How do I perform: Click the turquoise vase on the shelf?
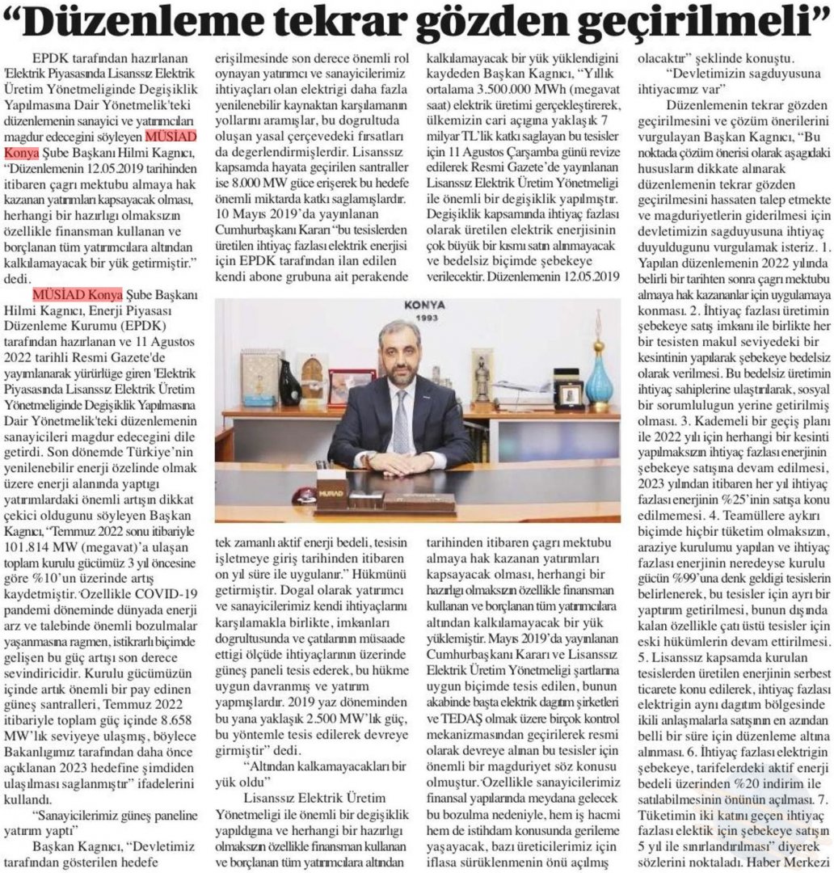pyautogui.click(x=598, y=372)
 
